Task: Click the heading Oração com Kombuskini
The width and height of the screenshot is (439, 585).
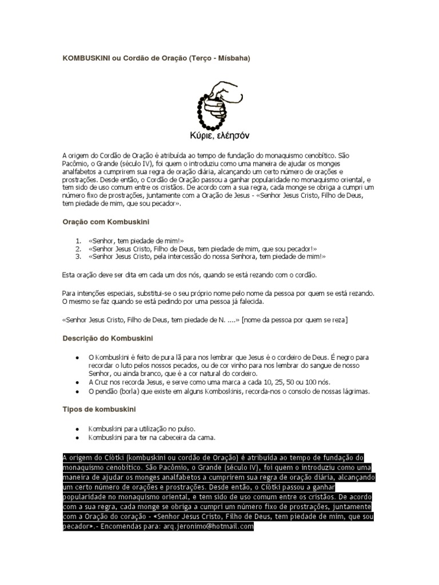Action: click(x=106, y=221)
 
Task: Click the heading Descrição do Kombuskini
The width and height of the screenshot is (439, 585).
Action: click(x=107, y=338)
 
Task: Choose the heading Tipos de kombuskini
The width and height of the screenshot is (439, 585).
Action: click(x=99, y=409)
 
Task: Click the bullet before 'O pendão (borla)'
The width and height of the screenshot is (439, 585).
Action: click(x=77, y=391)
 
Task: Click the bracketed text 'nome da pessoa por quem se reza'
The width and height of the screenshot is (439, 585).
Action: click(x=295, y=319)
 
